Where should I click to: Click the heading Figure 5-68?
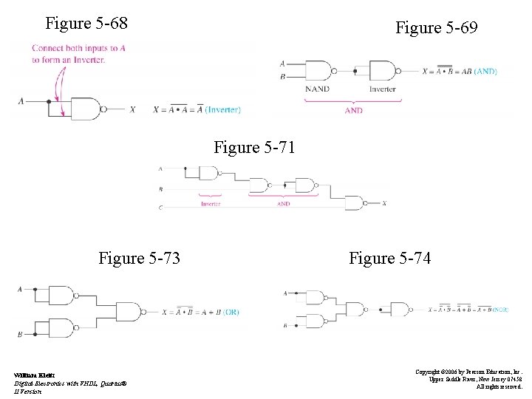click(x=86, y=24)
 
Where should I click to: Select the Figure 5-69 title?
click(x=436, y=28)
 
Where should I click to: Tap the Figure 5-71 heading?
click(x=254, y=147)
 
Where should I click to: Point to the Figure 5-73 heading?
click(x=140, y=258)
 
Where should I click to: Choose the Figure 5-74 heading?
click(x=389, y=258)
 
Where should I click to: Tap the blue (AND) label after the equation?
click(x=485, y=72)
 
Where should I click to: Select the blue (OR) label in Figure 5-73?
click(x=231, y=312)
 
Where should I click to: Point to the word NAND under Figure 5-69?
click(x=318, y=89)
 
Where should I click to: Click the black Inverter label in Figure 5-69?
click(x=382, y=89)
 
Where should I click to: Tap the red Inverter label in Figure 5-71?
click(x=211, y=203)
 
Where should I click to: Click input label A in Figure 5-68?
click(x=21, y=101)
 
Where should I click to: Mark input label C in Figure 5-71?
click(x=161, y=208)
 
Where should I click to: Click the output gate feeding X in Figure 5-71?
click(x=355, y=203)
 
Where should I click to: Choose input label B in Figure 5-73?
click(x=21, y=334)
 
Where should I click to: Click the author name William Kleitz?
click(x=33, y=375)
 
